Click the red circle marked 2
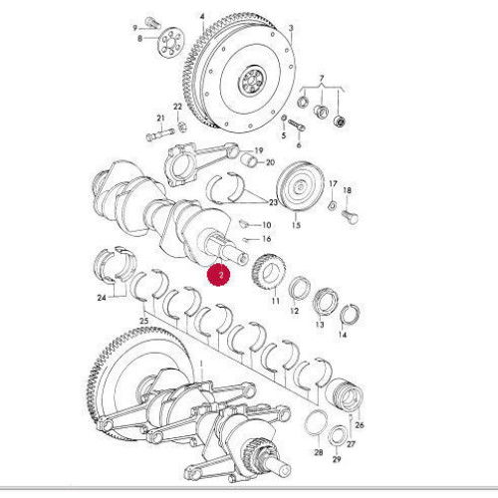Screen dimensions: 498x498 (221, 272)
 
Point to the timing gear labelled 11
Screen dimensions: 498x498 (267, 272)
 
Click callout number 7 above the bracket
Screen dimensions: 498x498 (321, 77)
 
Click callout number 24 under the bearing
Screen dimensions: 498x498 (104, 296)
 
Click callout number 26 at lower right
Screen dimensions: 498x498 (360, 425)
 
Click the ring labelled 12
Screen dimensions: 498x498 (296, 291)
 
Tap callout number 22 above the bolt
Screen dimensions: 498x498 (177, 107)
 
